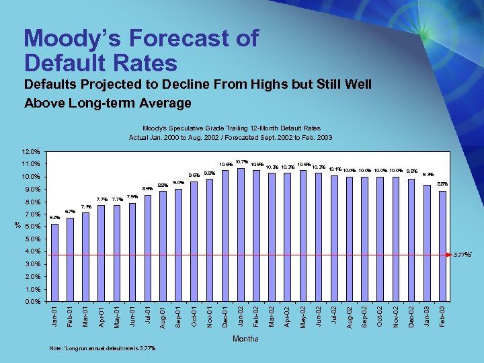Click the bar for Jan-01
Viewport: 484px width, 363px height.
[x=54, y=262]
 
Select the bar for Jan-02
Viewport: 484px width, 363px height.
[x=241, y=235]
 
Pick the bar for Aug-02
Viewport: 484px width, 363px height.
[x=350, y=239]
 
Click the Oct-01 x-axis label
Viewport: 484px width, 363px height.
[x=194, y=317]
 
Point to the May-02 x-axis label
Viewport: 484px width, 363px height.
[x=303, y=317]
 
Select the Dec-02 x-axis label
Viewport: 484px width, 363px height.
[x=411, y=317]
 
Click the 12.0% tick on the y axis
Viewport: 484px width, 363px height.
[x=31, y=151]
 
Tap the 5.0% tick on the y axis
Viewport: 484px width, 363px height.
[x=32, y=239]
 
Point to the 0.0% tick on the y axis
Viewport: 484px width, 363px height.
[x=32, y=301]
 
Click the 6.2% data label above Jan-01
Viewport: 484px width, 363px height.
[x=55, y=217]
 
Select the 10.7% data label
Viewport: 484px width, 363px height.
[x=242, y=161]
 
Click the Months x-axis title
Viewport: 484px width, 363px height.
[x=245, y=339]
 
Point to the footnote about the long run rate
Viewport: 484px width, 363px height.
[x=104, y=348]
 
